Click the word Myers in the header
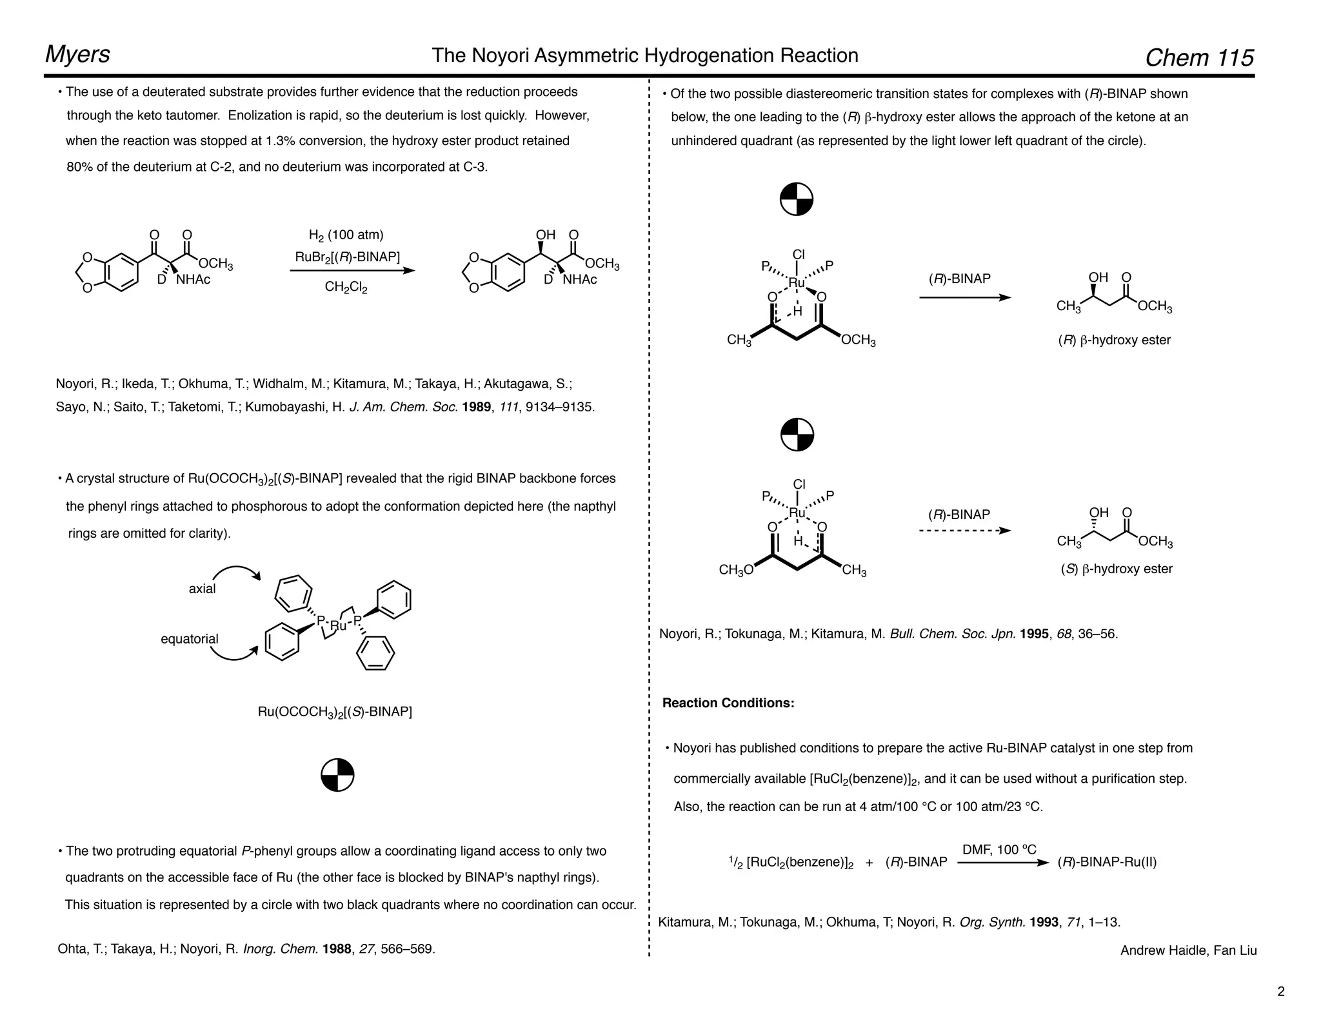point(77,54)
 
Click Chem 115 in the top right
point(1199,58)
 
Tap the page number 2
point(1280,992)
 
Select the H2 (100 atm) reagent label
point(346,235)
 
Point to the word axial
point(202,589)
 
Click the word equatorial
point(190,639)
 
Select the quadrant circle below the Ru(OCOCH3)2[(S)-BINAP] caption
point(337,774)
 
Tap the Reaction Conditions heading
point(728,703)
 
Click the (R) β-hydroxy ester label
point(1114,340)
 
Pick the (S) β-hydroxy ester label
point(1117,569)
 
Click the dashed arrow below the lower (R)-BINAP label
point(964,531)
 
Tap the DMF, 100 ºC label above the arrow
point(999,850)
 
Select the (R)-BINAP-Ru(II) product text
point(1107,863)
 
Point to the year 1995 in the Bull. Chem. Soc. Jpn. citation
point(1034,634)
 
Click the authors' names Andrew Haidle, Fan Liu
point(1188,950)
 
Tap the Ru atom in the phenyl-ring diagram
point(339,625)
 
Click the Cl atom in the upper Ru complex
point(799,255)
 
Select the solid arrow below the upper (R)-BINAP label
point(964,297)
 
